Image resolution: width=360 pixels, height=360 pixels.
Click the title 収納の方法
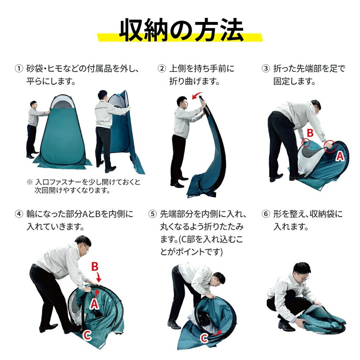click(x=181, y=30)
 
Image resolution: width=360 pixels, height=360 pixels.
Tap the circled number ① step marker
click(x=19, y=68)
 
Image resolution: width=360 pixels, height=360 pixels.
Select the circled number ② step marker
click(x=162, y=68)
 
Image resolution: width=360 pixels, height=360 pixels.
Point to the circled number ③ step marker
click(x=266, y=68)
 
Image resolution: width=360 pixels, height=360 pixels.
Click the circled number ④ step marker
click(x=19, y=214)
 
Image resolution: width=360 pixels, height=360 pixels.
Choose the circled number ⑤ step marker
click(x=152, y=214)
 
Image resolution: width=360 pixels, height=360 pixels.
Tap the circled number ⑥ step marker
click(x=266, y=214)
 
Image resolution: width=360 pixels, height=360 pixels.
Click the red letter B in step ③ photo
click(x=310, y=133)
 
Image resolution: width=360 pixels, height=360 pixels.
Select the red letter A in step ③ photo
click(x=340, y=156)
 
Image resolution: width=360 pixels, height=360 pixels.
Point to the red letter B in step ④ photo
click(x=95, y=267)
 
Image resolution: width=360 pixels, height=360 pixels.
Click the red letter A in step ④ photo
click(x=94, y=304)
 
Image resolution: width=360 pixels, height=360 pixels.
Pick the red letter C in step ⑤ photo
click(x=204, y=338)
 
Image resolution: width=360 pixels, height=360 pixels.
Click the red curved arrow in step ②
click(x=197, y=95)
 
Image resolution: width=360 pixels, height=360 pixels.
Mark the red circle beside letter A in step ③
click(x=330, y=146)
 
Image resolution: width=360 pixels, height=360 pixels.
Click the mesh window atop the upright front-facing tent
click(x=62, y=102)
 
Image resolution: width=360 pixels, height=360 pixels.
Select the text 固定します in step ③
click(x=294, y=81)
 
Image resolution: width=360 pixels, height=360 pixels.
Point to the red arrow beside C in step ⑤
click(x=217, y=333)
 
